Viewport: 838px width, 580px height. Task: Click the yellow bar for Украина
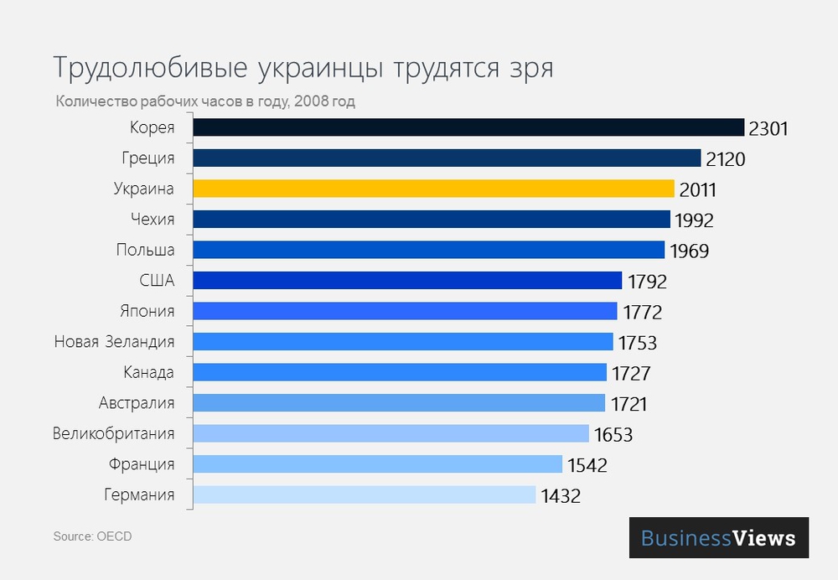click(x=433, y=189)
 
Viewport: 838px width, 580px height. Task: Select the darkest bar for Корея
click(x=468, y=127)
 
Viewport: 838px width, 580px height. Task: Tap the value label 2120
click(x=724, y=159)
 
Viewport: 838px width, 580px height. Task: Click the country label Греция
click(x=148, y=158)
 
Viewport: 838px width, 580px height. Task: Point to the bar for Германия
click(x=365, y=495)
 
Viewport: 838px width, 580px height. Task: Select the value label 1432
click(x=560, y=496)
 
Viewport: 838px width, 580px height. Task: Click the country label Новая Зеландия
click(x=115, y=341)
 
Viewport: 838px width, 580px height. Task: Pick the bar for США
click(x=407, y=281)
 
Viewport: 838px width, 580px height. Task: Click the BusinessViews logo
click(x=719, y=537)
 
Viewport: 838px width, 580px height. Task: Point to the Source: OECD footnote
click(x=92, y=536)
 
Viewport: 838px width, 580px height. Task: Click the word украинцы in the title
click(x=313, y=68)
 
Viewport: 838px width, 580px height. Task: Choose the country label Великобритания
click(x=114, y=433)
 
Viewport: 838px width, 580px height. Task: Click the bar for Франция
click(x=377, y=464)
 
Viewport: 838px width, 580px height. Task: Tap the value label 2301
click(x=768, y=129)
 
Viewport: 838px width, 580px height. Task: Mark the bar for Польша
click(x=428, y=250)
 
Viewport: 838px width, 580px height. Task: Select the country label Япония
click(x=147, y=311)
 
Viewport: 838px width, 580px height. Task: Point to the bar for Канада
click(x=400, y=372)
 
